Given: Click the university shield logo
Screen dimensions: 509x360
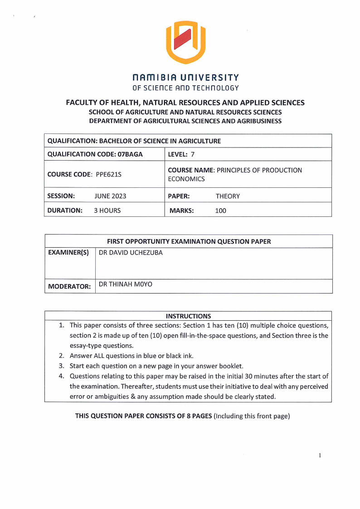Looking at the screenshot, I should click(185, 42).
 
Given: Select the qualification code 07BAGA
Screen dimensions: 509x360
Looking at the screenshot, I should click(130, 154).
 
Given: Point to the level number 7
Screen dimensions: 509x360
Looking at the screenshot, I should click(192, 154).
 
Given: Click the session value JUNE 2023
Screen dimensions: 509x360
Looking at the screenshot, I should click(110, 196).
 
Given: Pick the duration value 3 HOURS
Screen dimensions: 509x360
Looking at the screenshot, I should click(107, 210).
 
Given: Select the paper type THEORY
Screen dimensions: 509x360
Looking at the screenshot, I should click(228, 196).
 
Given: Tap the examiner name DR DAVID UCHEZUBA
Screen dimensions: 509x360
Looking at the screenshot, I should click(131, 253).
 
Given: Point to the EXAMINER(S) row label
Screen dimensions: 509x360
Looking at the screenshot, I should click(68, 253).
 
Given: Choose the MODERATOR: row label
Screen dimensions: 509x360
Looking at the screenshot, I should click(69, 286).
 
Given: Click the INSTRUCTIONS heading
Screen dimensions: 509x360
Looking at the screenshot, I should click(188, 316).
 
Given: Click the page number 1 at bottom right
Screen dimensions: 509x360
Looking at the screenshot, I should click(320, 455).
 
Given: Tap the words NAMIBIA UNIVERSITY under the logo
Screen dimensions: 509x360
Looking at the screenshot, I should click(185, 78).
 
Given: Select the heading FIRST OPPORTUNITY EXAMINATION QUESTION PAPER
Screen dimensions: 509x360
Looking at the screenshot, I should click(189, 241).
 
